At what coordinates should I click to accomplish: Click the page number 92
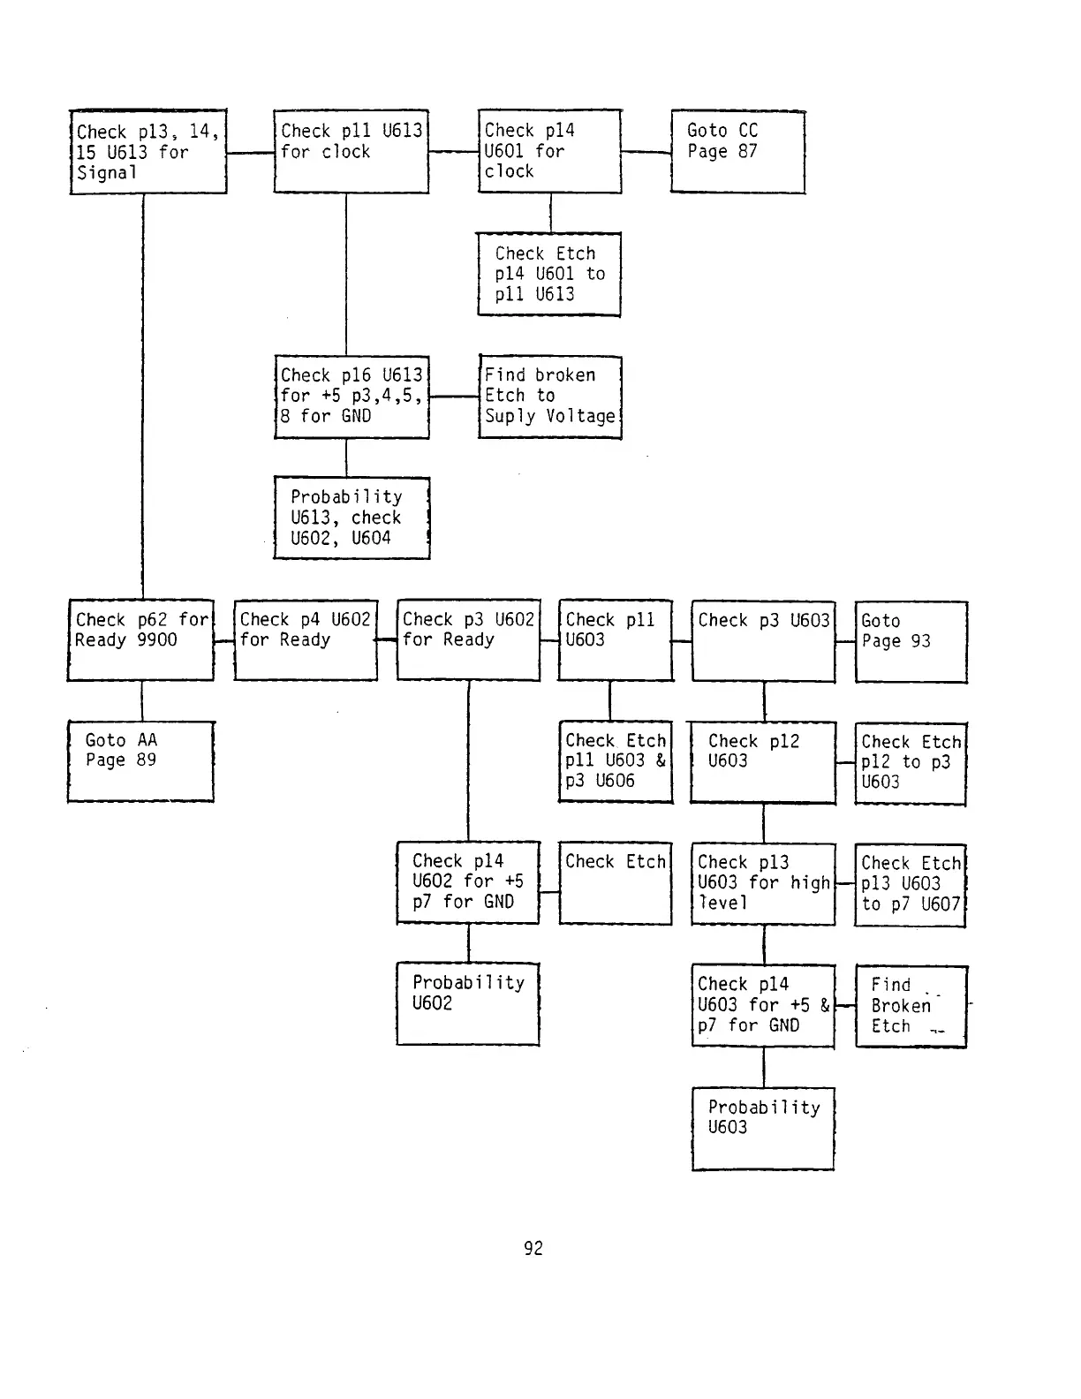(x=533, y=1248)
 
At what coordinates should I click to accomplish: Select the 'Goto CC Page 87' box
(x=737, y=151)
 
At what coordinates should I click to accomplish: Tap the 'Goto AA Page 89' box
(x=140, y=761)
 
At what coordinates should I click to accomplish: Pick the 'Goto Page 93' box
(x=911, y=641)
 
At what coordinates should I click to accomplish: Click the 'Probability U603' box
(x=763, y=1128)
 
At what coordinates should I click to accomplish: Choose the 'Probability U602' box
(x=468, y=1003)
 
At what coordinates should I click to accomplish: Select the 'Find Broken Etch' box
(x=911, y=1006)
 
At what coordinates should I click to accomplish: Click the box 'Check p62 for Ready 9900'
(x=140, y=639)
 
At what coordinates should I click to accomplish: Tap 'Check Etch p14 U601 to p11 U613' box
(x=548, y=274)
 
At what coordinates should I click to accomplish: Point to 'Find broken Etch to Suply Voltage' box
(x=549, y=397)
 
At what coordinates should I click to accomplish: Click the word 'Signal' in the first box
(x=106, y=173)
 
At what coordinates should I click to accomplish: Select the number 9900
(x=157, y=640)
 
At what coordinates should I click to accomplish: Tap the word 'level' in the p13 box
(x=722, y=903)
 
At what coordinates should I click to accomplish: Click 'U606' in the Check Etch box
(x=615, y=781)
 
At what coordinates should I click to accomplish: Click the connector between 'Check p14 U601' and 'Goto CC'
(x=646, y=152)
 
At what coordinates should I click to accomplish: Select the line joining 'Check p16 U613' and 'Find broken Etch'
(x=454, y=397)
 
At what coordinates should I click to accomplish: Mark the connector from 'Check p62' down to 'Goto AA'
(x=142, y=700)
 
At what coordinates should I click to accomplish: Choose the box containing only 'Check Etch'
(x=615, y=884)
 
